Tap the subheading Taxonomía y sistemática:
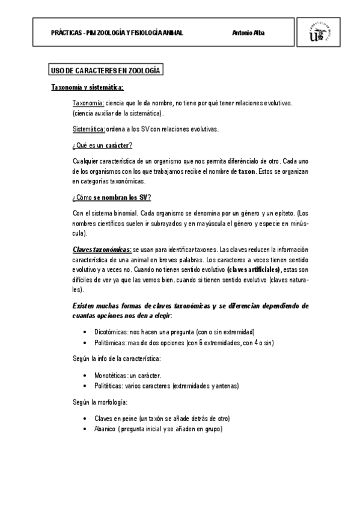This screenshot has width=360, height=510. (x=87, y=87)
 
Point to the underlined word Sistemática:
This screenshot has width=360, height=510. (x=88, y=129)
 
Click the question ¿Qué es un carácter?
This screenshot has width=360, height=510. (x=102, y=146)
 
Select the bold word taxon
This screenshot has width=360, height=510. (x=247, y=173)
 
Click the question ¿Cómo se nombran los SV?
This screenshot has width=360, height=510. (x=111, y=197)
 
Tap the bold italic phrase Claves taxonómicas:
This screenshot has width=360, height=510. (x=102, y=248)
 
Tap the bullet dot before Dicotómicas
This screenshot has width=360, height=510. (x=88, y=332)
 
